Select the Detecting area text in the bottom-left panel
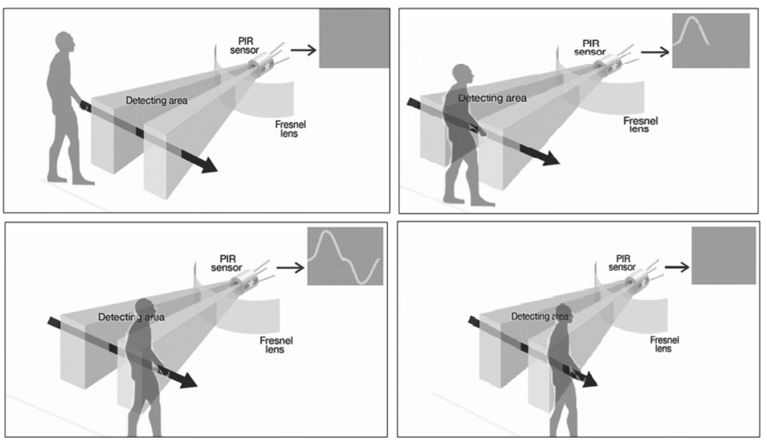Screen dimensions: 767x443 click(131, 317)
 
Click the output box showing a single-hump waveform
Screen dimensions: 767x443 click(711, 40)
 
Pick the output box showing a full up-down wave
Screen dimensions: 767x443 click(345, 256)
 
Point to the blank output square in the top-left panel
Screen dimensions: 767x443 click(353, 38)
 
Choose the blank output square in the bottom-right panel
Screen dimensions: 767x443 click(723, 255)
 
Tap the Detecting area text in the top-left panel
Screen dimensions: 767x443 click(156, 101)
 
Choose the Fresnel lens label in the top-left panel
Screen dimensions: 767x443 click(290, 128)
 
